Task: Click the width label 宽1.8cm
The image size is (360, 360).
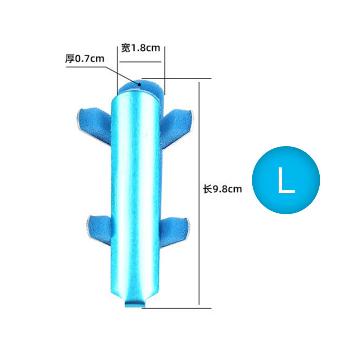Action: point(140,48)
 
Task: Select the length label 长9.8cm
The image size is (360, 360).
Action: point(222,189)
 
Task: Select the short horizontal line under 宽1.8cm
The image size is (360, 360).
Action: point(140,62)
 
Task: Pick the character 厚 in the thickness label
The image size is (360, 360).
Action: point(69,59)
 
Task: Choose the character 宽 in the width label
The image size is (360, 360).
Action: point(125,48)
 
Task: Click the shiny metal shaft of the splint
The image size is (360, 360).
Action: point(135,191)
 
